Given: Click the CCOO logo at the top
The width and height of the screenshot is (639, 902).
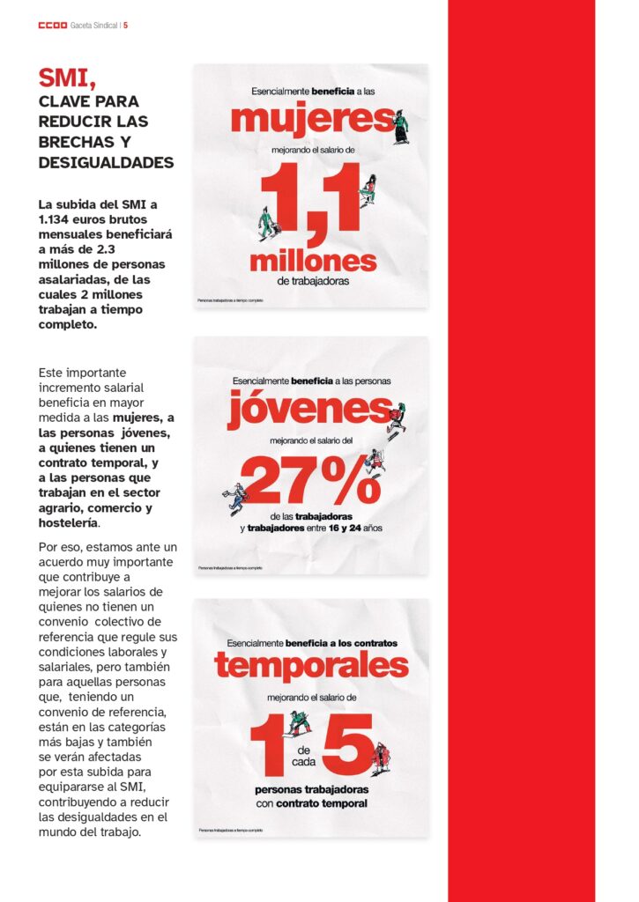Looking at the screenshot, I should point(53,25).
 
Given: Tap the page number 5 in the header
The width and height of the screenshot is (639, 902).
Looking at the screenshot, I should point(126,25).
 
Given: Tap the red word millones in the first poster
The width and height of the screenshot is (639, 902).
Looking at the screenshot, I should point(313,261).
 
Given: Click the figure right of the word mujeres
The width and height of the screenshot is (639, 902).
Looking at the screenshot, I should point(401,126).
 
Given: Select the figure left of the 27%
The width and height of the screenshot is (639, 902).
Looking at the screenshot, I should point(235,498).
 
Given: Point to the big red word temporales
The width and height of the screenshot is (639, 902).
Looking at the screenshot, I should point(311,666).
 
